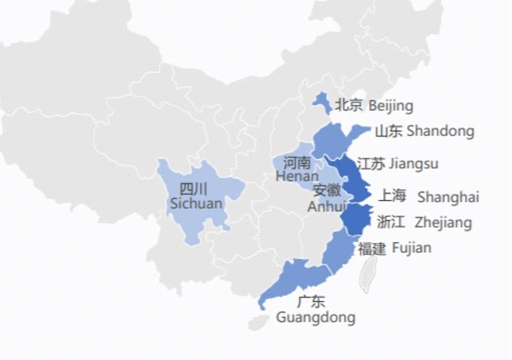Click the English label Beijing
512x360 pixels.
390,106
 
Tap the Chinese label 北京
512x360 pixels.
349,105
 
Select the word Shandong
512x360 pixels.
440,131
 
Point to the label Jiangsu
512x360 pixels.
413,164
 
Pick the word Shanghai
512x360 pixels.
448,197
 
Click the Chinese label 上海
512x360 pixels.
392,196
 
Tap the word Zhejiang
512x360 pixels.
443,222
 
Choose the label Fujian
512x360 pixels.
411,248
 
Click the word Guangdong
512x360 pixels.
316,317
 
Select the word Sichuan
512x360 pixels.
196,203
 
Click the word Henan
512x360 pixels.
297,177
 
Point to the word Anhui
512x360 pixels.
327,206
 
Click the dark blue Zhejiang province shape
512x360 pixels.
356,219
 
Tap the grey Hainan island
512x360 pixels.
258,321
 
